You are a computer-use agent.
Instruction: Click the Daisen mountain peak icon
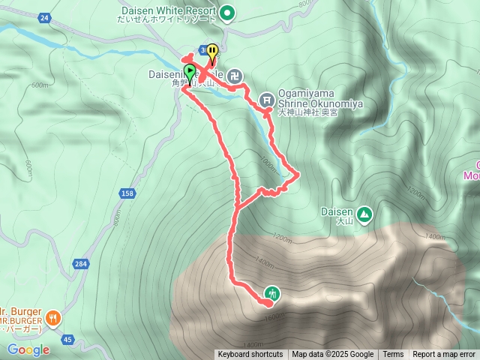[364, 214]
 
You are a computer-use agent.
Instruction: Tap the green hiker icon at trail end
[271, 293]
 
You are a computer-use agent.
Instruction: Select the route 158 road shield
[126, 194]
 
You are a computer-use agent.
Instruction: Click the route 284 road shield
[80, 263]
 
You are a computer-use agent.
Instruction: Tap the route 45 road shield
[67, 340]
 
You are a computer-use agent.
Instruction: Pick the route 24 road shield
[44, 18]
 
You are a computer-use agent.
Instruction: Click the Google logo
[28, 349]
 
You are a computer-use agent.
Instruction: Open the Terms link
[393, 355]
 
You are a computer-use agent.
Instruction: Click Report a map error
[444, 355]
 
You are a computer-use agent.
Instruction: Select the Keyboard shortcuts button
[250, 355]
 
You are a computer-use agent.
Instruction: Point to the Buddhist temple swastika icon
[235, 75]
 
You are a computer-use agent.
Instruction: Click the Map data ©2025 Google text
[332, 355]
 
